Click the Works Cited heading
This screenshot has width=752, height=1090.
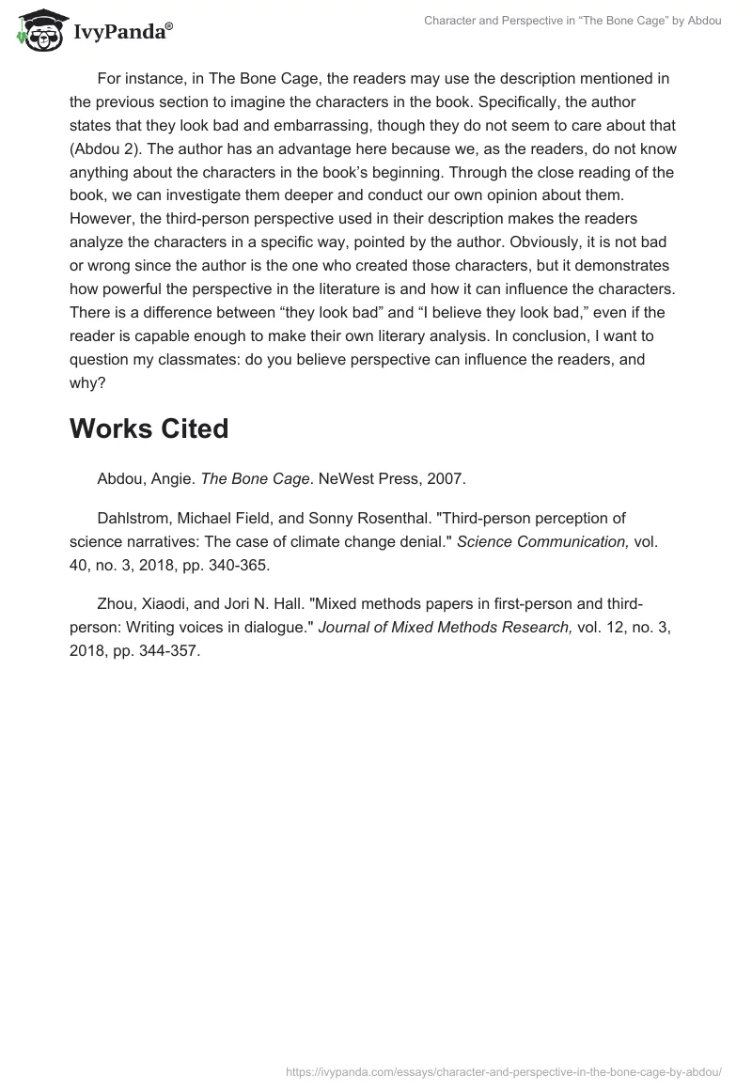click(x=149, y=428)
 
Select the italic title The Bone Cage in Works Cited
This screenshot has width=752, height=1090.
click(x=255, y=479)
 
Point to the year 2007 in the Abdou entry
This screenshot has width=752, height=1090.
click(x=445, y=479)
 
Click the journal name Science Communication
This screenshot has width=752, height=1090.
click(x=541, y=542)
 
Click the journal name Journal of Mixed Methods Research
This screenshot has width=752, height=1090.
click(x=445, y=629)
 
